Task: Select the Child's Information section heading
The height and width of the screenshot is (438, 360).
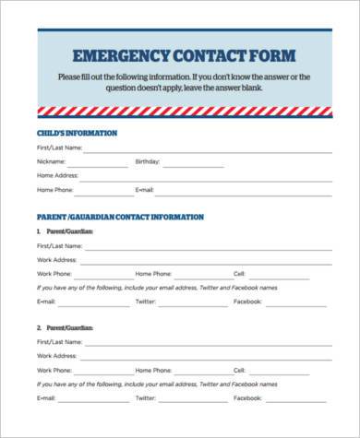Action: pos(77,133)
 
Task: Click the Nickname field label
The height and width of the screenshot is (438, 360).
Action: pos(52,160)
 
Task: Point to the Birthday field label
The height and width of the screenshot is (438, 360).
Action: pos(148,160)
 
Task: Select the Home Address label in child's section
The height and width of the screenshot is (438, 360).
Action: pos(56,174)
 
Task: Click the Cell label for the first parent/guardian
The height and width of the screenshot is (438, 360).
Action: pos(238,274)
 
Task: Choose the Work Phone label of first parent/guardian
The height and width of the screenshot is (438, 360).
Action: pos(55,274)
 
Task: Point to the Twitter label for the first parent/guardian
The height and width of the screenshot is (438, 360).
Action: pos(146,302)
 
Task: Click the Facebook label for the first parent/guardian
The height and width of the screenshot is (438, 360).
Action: pos(247,302)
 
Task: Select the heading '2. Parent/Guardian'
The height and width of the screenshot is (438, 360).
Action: pos(65,327)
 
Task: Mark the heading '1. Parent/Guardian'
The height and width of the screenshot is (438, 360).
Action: pos(65,231)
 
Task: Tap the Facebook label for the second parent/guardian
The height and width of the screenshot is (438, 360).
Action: pos(247,398)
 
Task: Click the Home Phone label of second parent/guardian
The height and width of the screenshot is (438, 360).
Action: pos(153,371)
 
